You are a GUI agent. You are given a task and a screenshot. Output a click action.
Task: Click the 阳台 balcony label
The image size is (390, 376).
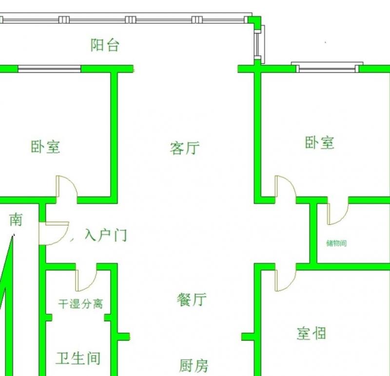click(x=105, y=45)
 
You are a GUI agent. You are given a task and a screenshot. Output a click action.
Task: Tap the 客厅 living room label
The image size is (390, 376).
click(x=185, y=148)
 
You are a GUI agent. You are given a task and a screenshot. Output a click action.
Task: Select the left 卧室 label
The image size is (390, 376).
click(x=46, y=146)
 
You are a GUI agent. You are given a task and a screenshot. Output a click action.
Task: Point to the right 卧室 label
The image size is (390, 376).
click(x=320, y=143)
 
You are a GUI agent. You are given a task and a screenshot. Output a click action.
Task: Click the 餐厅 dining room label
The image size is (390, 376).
click(x=192, y=299)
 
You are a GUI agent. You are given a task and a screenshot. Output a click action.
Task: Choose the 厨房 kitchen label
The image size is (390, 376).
click(x=194, y=365)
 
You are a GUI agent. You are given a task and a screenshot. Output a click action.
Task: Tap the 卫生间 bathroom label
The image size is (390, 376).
click(x=78, y=358)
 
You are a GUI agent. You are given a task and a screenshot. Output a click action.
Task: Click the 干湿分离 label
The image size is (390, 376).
click(x=80, y=304)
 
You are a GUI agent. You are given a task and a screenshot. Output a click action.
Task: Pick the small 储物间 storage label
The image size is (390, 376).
click(x=336, y=243)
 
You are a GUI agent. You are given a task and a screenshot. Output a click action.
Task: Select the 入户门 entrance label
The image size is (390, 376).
click(x=106, y=236)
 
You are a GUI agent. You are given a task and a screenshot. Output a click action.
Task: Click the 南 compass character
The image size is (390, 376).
click(x=16, y=220)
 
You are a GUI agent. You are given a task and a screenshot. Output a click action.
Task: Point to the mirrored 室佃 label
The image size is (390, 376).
click(x=311, y=334)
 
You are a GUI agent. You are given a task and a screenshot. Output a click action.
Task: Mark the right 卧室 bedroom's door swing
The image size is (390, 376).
click(x=285, y=187)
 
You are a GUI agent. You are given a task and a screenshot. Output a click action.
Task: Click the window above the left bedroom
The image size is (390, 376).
click(x=49, y=69)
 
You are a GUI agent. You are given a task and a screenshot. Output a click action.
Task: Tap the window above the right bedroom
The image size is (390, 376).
click(x=328, y=67)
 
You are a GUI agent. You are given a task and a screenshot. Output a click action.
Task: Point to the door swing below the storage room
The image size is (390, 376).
click(x=285, y=278)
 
